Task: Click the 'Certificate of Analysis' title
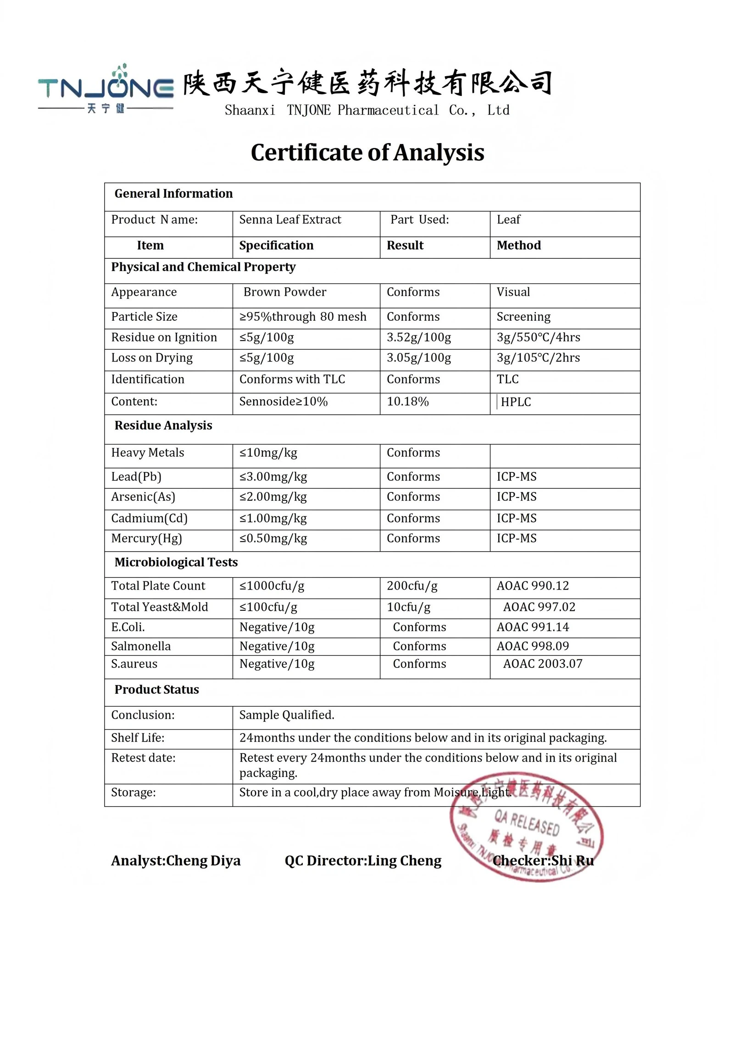pos(367,152)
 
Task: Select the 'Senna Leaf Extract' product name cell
pos(290,219)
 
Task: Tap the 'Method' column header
pos(518,245)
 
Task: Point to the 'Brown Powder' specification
pos(284,292)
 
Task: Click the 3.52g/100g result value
pos(418,337)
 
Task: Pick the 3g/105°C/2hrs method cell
pos(538,357)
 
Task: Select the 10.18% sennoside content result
pos(407,402)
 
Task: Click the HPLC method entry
pos(516,402)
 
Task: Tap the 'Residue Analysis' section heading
pos(163,425)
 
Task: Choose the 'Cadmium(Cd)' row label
pos(149,518)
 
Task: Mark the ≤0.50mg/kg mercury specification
pos(273,538)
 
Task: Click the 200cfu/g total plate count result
pos(411,586)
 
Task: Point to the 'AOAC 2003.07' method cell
pos(542,664)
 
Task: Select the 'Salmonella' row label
pos(141,646)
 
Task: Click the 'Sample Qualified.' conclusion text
pos(287,715)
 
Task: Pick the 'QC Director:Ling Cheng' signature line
pos(363,861)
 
